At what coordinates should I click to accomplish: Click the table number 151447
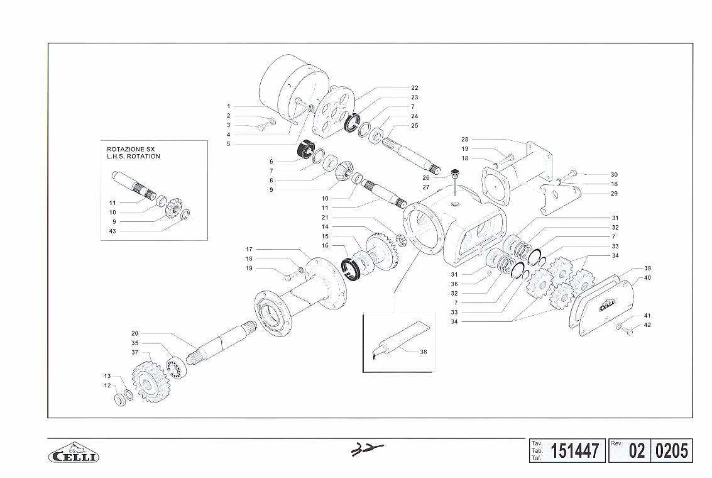point(574,451)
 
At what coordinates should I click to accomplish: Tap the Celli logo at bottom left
point(74,452)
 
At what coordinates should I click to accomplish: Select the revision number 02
point(637,451)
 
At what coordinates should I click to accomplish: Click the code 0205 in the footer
point(672,451)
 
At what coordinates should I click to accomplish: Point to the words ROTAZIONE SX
point(131,149)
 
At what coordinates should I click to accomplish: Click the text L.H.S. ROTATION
point(133,157)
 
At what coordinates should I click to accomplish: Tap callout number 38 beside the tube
point(423,352)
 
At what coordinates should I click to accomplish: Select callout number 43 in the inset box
point(112,231)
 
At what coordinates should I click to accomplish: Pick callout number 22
point(415,87)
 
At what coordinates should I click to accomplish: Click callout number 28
point(464,140)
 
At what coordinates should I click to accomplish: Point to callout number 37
point(135,353)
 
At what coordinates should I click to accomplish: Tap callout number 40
point(647,277)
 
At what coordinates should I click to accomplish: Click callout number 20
point(135,333)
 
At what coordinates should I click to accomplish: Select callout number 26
point(426,177)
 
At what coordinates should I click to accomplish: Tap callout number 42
point(647,325)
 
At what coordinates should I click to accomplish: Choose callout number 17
point(249,250)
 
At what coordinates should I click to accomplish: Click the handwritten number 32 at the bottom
point(367,450)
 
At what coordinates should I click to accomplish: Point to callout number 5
point(228,144)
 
